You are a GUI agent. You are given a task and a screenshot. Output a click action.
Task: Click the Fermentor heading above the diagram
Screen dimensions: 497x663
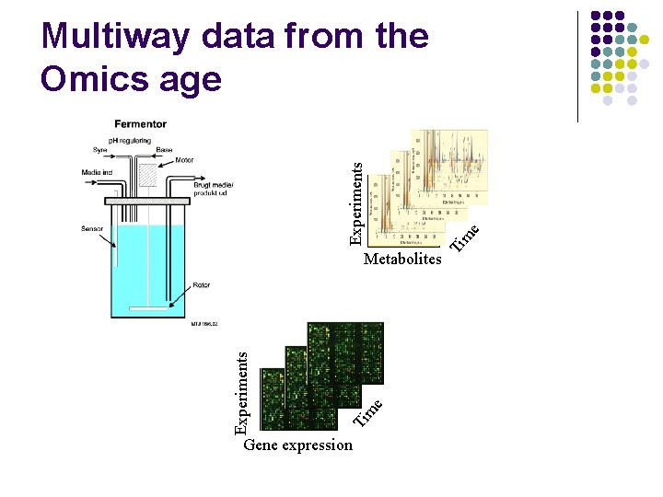(141, 124)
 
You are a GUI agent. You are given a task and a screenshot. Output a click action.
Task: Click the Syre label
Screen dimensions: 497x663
(99, 150)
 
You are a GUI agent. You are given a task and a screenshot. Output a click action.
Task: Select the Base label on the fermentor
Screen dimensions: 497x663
(164, 150)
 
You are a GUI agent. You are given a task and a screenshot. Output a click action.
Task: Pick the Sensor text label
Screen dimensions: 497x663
(92, 227)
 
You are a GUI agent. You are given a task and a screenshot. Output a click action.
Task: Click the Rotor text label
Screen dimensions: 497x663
(201, 285)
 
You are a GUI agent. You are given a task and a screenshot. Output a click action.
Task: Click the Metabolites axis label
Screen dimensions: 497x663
(402, 260)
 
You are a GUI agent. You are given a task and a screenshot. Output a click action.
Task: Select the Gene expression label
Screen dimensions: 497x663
(297, 445)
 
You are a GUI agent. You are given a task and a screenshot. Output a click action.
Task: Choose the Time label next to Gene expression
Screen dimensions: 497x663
(368, 410)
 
